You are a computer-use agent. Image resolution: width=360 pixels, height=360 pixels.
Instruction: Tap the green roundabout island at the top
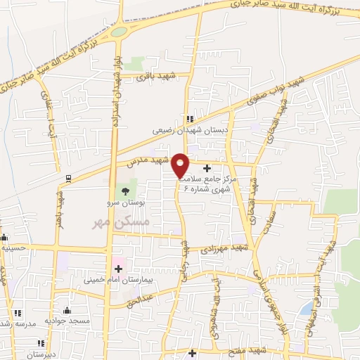118,32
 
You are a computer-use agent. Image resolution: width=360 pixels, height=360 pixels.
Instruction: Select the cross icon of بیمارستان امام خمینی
118,269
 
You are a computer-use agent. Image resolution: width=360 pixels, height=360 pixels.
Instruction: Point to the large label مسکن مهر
112,221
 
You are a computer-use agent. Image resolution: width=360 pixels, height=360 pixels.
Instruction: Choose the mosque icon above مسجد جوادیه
67,310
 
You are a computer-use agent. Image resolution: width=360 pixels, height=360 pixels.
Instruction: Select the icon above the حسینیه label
4,238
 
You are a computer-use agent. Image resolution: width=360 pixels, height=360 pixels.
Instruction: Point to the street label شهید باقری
156,75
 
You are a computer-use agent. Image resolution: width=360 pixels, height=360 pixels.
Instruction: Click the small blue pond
307,309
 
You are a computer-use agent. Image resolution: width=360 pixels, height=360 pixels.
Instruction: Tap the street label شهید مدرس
149,160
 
